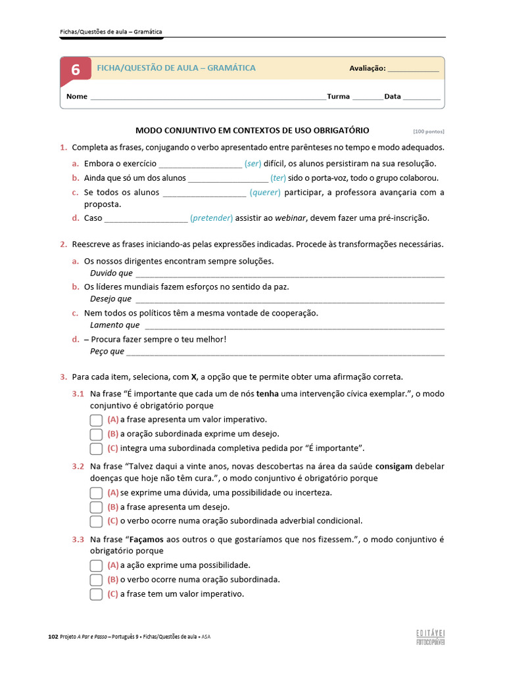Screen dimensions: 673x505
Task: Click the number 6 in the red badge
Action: [76, 70]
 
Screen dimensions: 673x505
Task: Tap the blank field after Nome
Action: [207, 97]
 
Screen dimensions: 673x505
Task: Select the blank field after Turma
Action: [368, 97]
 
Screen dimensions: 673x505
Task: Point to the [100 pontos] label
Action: [429, 131]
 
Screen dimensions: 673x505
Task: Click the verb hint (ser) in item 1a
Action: [252, 164]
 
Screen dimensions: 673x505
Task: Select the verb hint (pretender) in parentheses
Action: [211, 218]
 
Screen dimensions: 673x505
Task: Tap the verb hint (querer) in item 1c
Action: [265, 193]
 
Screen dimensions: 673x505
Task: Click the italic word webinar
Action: [291, 218]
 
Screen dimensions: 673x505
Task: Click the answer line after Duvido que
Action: [289, 274]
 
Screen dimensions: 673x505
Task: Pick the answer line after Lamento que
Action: [293, 326]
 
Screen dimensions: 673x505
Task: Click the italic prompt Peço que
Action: [107, 352]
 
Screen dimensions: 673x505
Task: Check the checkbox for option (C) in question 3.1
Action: [96, 449]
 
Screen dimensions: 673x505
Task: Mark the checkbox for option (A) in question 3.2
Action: [96, 493]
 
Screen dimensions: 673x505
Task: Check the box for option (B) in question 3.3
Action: [96, 580]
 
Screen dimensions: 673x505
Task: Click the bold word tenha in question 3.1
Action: [267, 394]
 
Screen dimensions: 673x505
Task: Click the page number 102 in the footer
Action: [53, 637]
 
